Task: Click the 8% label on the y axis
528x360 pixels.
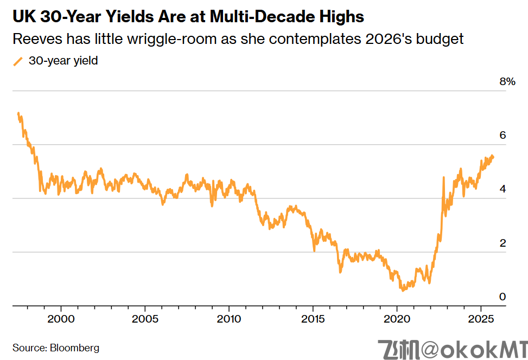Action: pyautogui.click(x=506, y=82)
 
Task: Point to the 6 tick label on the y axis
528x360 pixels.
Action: pyautogui.click(x=502, y=136)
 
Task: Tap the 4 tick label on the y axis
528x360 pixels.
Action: pyautogui.click(x=502, y=189)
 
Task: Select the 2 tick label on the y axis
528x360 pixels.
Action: pyautogui.click(x=502, y=243)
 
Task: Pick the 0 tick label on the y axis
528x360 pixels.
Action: pyautogui.click(x=502, y=297)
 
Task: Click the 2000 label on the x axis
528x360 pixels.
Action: pyautogui.click(x=61, y=318)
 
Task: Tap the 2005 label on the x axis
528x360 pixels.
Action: pyautogui.click(x=145, y=318)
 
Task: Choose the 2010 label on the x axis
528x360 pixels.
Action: pyautogui.click(x=229, y=318)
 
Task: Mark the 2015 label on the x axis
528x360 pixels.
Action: pyautogui.click(x=313, y=318)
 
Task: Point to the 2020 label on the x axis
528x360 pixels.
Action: pyautogui.click(x=397, y=318)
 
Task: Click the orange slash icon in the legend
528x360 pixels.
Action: pyautogui.click(x=18, y=61)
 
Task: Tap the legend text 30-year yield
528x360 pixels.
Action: pyautogui.click(x=63, y=61)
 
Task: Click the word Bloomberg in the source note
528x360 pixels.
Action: pyautogui.click(x=75, y=348)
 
